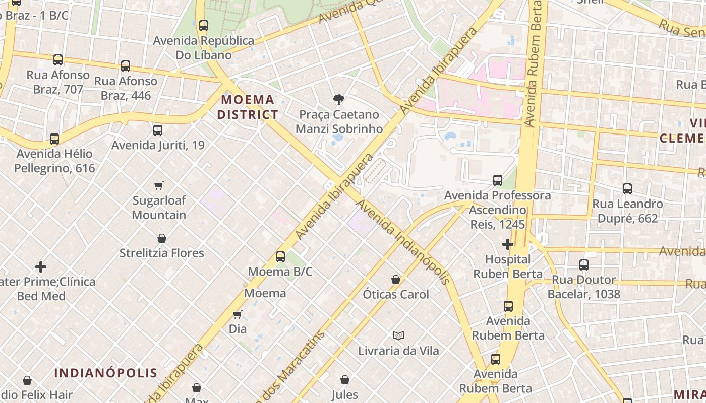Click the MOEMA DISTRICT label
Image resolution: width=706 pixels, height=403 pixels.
coord(248,107)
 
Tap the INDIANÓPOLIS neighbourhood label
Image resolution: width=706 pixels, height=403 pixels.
coord(106,373)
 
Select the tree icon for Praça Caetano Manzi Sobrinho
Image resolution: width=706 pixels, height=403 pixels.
coord(339,100)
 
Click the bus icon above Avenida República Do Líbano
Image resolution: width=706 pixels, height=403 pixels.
coord(204,26)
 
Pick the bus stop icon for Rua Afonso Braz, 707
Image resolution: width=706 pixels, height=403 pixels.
coord(58,60)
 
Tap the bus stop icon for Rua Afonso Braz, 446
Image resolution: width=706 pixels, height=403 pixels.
coord(126,66)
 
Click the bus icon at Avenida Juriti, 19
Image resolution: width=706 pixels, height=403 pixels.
coord(158,130)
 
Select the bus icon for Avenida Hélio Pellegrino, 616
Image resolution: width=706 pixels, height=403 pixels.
coord(54,139)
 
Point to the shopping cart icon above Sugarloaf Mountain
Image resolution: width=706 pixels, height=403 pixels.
coord(159,185)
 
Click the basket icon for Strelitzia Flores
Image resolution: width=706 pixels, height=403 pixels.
coord(162,238)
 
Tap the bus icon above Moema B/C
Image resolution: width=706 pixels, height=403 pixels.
coord(280,257)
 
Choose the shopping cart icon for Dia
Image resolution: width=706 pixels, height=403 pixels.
coord(238,314)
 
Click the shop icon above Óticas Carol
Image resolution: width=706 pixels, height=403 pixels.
coord(396,280)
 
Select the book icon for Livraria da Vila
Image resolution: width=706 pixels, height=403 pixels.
coord(398,335)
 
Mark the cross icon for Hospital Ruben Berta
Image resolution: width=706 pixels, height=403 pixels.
coord(508,245)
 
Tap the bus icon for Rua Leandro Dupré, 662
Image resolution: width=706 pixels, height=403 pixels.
coord(627,189)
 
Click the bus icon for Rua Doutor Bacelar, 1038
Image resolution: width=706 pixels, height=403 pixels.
coord(584,265)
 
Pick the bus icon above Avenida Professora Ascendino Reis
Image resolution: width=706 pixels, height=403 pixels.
coord(498,180)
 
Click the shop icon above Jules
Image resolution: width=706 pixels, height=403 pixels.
coord(345,380)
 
